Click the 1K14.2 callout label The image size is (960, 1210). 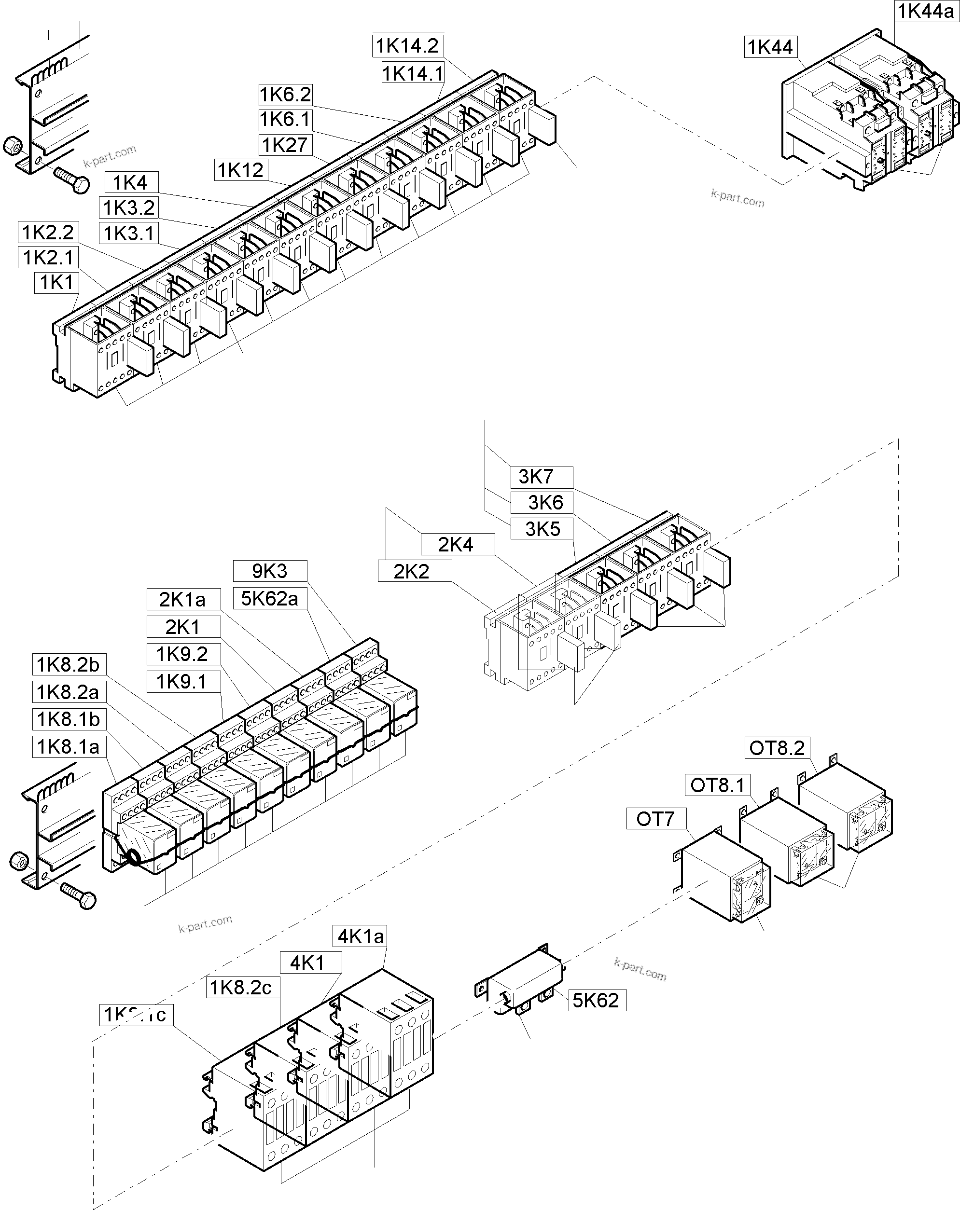407,45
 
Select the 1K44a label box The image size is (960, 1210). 925,11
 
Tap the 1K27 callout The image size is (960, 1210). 285,145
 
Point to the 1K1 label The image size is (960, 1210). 56,282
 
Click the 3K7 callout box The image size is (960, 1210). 541,477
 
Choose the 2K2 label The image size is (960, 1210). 414,571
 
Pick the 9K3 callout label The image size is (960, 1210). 269,571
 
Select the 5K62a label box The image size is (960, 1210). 269,598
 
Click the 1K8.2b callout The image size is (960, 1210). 69,664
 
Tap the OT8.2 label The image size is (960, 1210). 777,748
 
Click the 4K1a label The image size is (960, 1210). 361,936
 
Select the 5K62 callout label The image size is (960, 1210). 597,1000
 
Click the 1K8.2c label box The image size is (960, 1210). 241,987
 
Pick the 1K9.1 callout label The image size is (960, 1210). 183,681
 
